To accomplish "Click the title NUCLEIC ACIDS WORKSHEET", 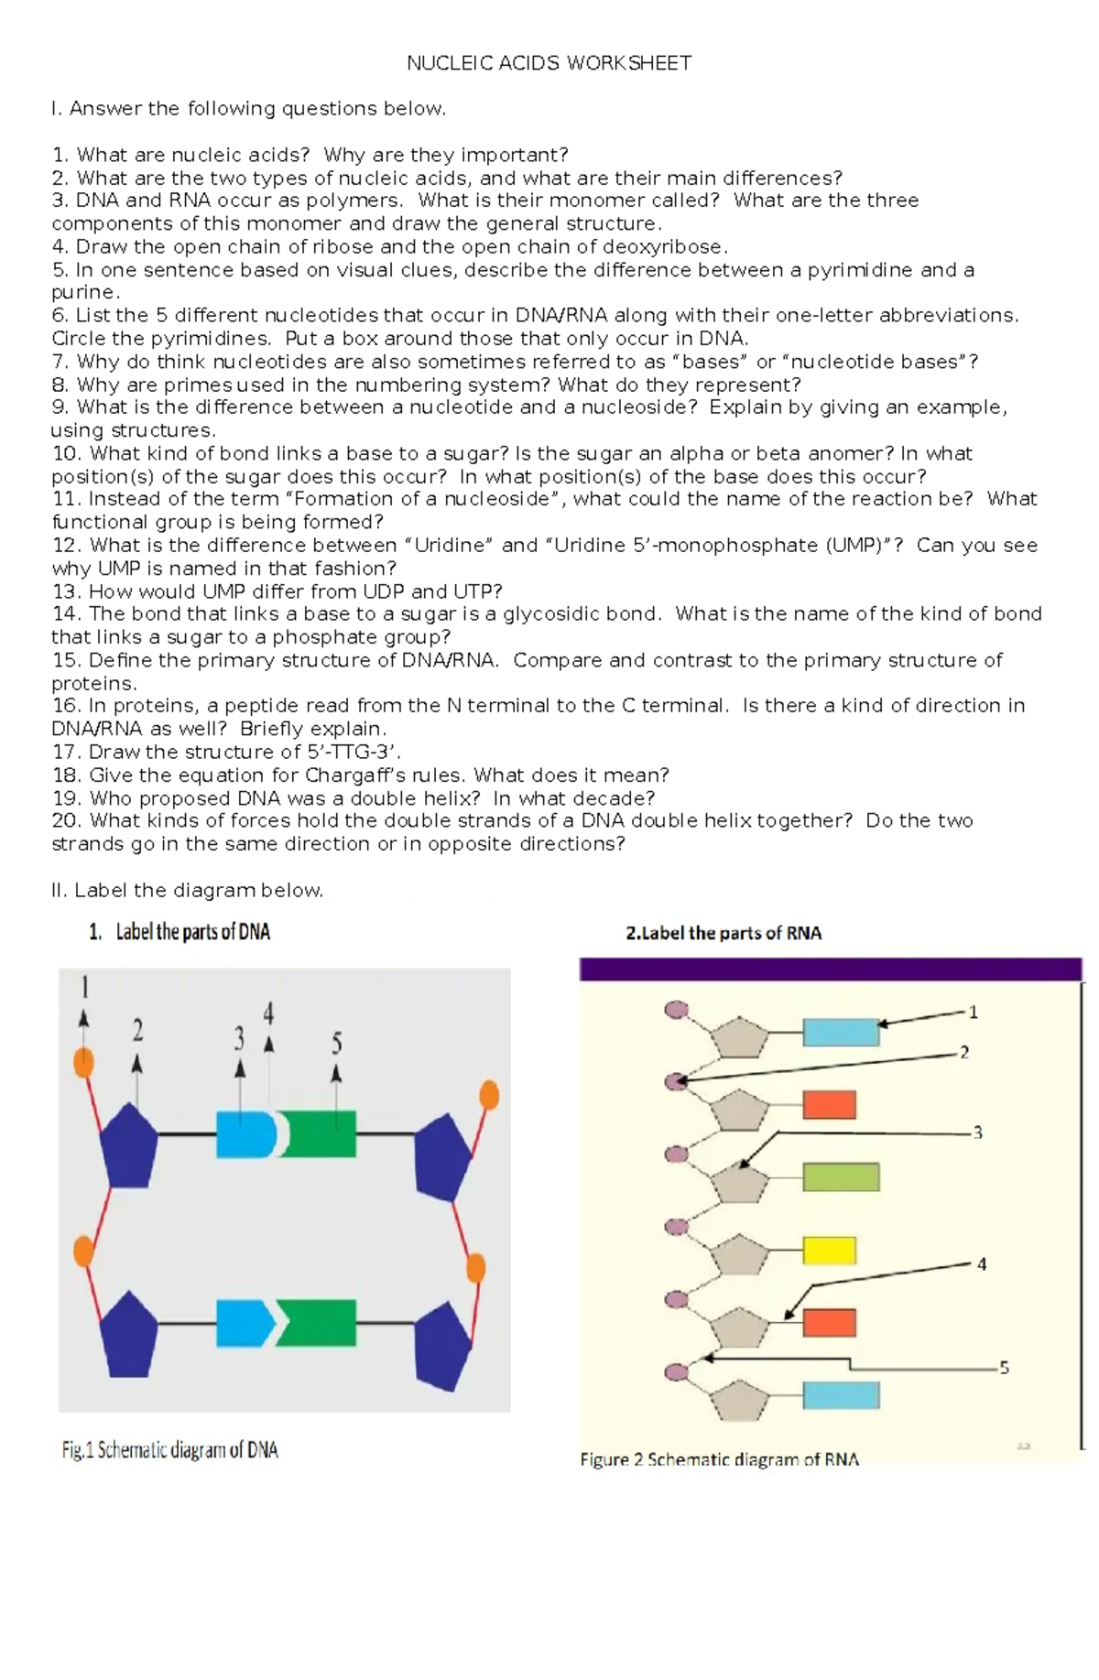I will tap(549, 63).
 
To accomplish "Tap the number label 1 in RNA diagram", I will tap(974, 1012).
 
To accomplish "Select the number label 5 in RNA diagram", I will tap(1004, 1369).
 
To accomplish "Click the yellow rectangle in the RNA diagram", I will tap(829, 1251).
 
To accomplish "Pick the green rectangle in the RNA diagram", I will tap(841, 1176).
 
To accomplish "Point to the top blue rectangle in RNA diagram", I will tap(841, 1032).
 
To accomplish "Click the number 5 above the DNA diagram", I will tap(337, 1043).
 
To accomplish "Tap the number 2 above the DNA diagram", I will tap(137, 1031).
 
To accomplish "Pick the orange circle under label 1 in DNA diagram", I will tap(83, 1063).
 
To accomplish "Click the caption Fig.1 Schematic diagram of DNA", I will tap(169, 1449).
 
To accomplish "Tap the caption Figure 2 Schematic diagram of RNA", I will tap(719, 1459).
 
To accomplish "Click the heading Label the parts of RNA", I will tap(724, 933).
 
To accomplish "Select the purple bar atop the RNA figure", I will tap(830, 970).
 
